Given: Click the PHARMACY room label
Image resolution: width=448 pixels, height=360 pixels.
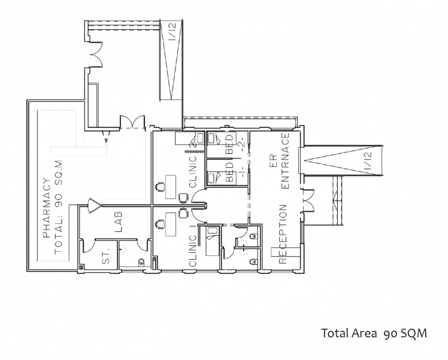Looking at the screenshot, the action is click(x=46, y=208).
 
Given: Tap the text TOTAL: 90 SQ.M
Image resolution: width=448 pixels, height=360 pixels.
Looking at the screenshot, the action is click(x=59, y=207).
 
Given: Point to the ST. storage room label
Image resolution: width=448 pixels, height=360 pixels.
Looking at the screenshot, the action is click(x=106, y=255).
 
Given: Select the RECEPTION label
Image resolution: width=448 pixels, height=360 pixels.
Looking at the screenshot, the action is click(x=282, y=233).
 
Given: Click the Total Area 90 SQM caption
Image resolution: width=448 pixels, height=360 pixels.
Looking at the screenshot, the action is click(x=374, y=334).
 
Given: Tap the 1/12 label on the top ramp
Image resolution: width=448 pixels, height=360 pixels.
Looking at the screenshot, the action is click(x=173, y=31).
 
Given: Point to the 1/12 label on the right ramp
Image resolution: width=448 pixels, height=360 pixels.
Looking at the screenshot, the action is click(x=368, y=160).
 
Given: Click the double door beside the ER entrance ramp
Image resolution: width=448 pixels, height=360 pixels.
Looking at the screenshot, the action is click(x=307, y=201).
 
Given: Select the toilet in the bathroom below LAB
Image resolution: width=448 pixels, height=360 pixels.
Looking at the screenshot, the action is click(x=141, y=262).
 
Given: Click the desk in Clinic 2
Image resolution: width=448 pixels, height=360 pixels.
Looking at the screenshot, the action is click(x=171, y=187).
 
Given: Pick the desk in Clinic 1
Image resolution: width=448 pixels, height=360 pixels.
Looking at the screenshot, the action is click(x=171, y=225).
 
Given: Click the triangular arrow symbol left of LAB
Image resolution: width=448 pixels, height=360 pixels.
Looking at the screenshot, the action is click(x=94, y=205).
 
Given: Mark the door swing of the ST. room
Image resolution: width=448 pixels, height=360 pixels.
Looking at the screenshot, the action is click(x=88, y=246).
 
